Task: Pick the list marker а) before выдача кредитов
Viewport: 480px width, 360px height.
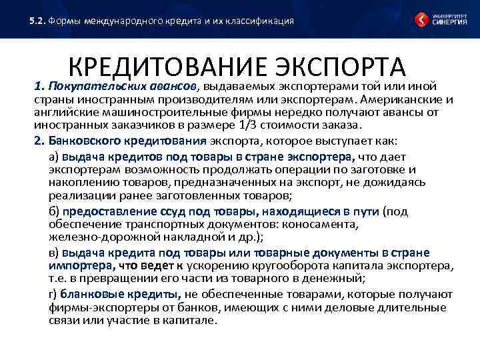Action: [55, 157]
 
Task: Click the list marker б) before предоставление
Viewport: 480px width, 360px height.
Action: [55, 211]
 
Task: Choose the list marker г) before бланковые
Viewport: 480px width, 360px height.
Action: [53, 294]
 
